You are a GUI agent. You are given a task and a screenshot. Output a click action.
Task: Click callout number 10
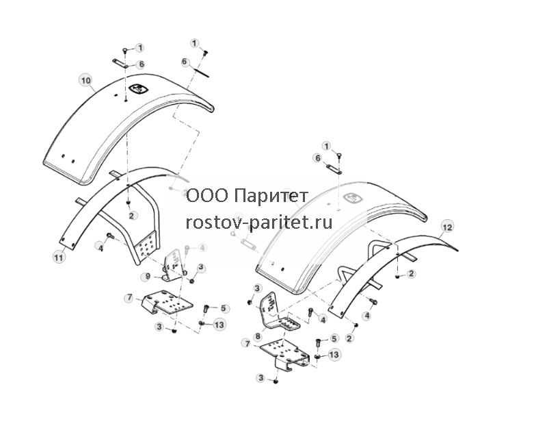pos(86,81)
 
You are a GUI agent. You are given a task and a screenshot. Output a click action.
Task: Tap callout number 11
pos(59,257)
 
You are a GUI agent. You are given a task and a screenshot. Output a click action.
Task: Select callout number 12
pos(447,227)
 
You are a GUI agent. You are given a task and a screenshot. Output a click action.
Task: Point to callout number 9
pos(147,276)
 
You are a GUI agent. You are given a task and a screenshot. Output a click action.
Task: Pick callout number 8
pos(258,336)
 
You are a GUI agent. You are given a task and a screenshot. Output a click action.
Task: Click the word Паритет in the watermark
pos(271,196)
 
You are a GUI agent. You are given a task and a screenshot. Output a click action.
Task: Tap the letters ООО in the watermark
pos(207,196)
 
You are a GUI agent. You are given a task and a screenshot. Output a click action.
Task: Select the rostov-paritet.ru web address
pos(259,223)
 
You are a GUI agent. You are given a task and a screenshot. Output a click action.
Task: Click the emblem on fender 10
pos(138,89)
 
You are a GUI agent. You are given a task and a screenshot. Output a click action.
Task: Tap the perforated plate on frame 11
pos(147,245)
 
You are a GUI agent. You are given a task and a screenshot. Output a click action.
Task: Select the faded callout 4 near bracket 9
pos(202,248)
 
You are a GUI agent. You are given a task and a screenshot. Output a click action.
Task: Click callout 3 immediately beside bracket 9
pos(200,268)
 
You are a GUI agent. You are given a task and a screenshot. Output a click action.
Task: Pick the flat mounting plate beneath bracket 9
pos(168,302)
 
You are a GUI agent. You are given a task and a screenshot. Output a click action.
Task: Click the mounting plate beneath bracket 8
pos(284,355)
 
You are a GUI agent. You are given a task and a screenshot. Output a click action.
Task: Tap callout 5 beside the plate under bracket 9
pos(223,308)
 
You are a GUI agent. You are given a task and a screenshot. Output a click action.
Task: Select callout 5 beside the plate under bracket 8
pos(334,338)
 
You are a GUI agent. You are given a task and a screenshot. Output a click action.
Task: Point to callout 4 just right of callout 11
pos(100,246)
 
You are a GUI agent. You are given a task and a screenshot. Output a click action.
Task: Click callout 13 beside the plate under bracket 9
pos(219,324)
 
